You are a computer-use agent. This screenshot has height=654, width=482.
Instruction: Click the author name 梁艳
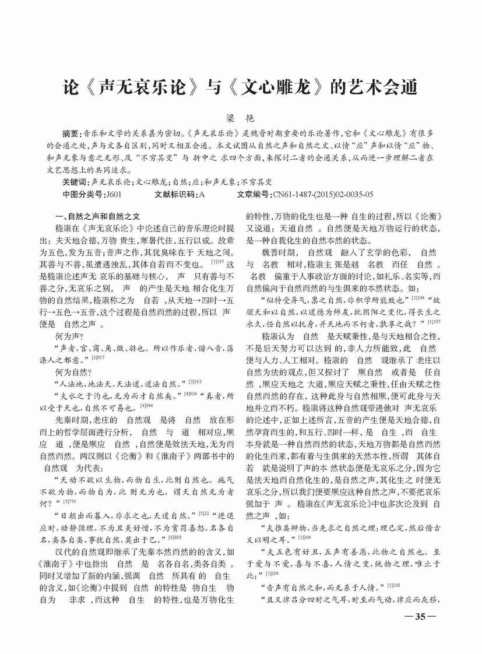pos(241,118)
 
